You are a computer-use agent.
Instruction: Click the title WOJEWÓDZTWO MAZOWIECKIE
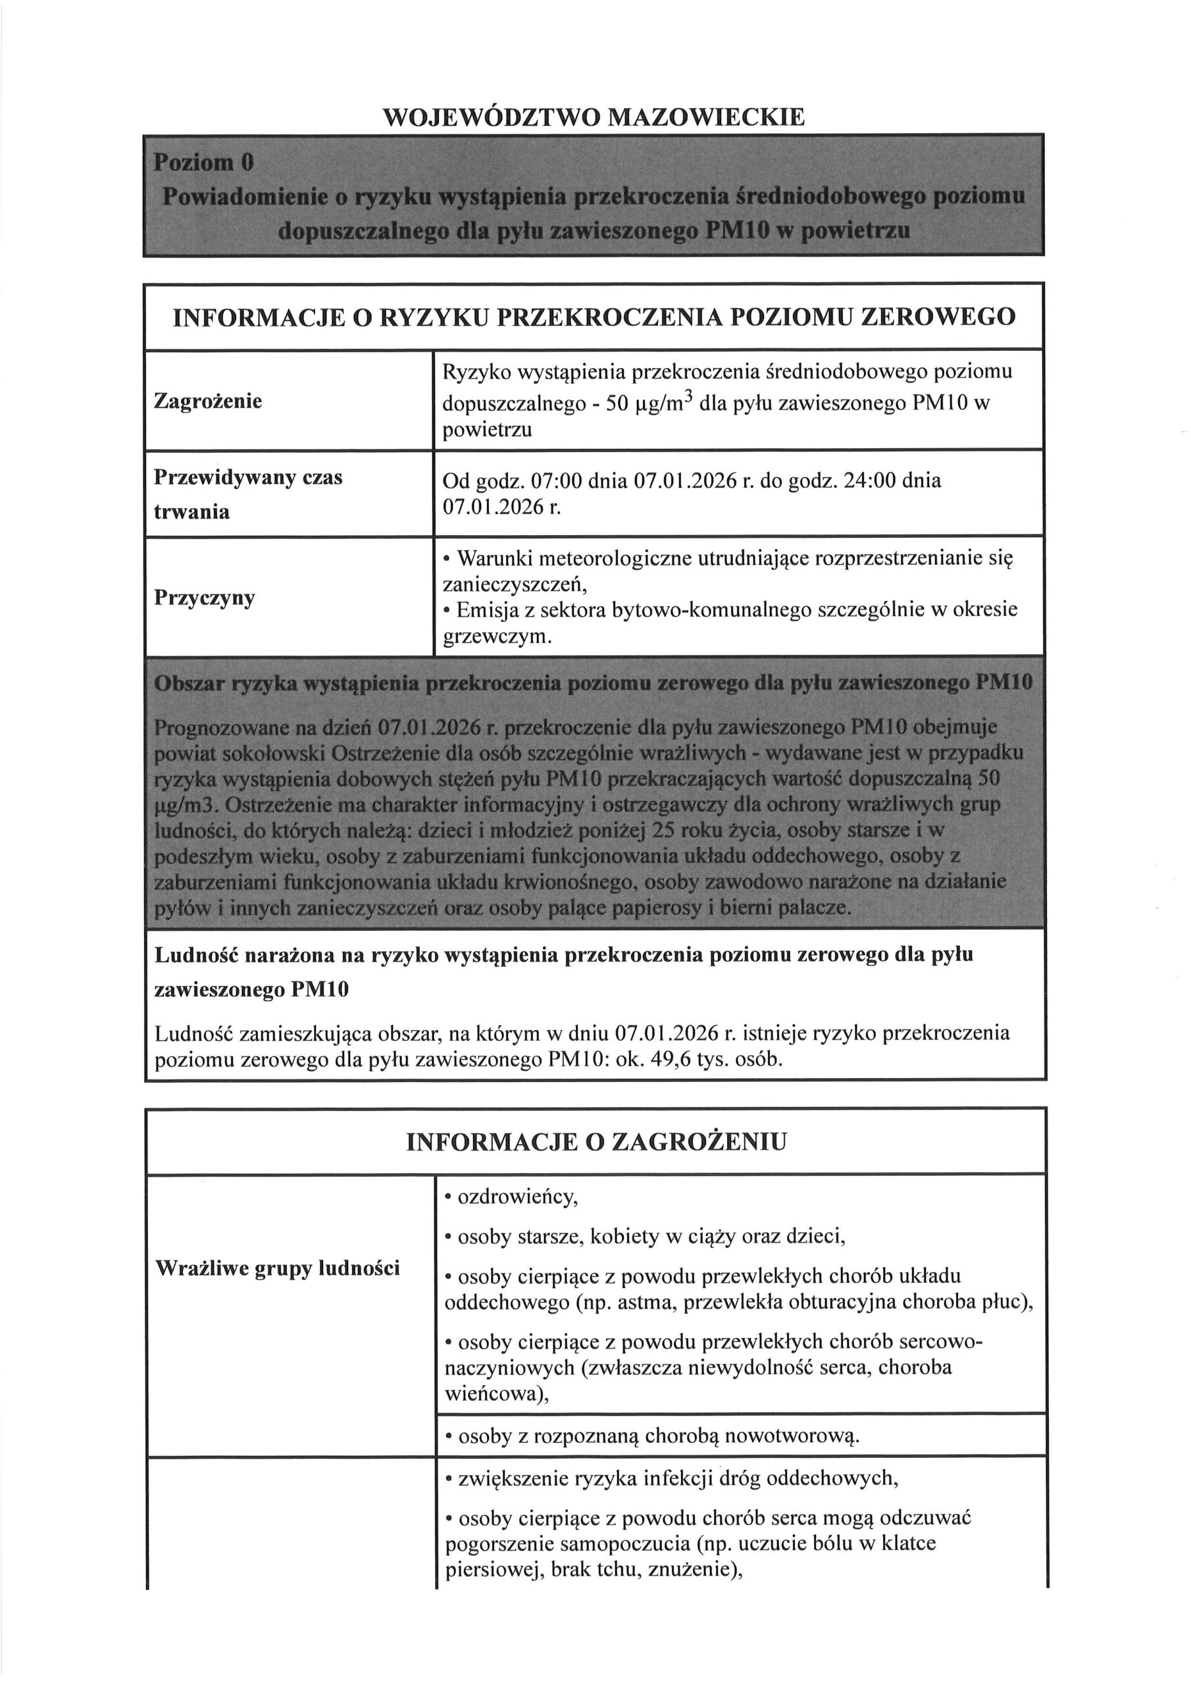tap(594, 117)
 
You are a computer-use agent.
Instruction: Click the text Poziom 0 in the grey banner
tap(203, 162)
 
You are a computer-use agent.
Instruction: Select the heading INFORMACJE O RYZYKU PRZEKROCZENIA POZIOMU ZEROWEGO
tap(594, 317)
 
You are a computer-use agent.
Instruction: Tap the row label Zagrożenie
tap(208, 402)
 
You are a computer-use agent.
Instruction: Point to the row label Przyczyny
tap(205, 598)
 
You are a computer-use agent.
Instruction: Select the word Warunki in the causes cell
tap(495, 559)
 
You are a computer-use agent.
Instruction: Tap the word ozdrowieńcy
tap(517, 1197)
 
